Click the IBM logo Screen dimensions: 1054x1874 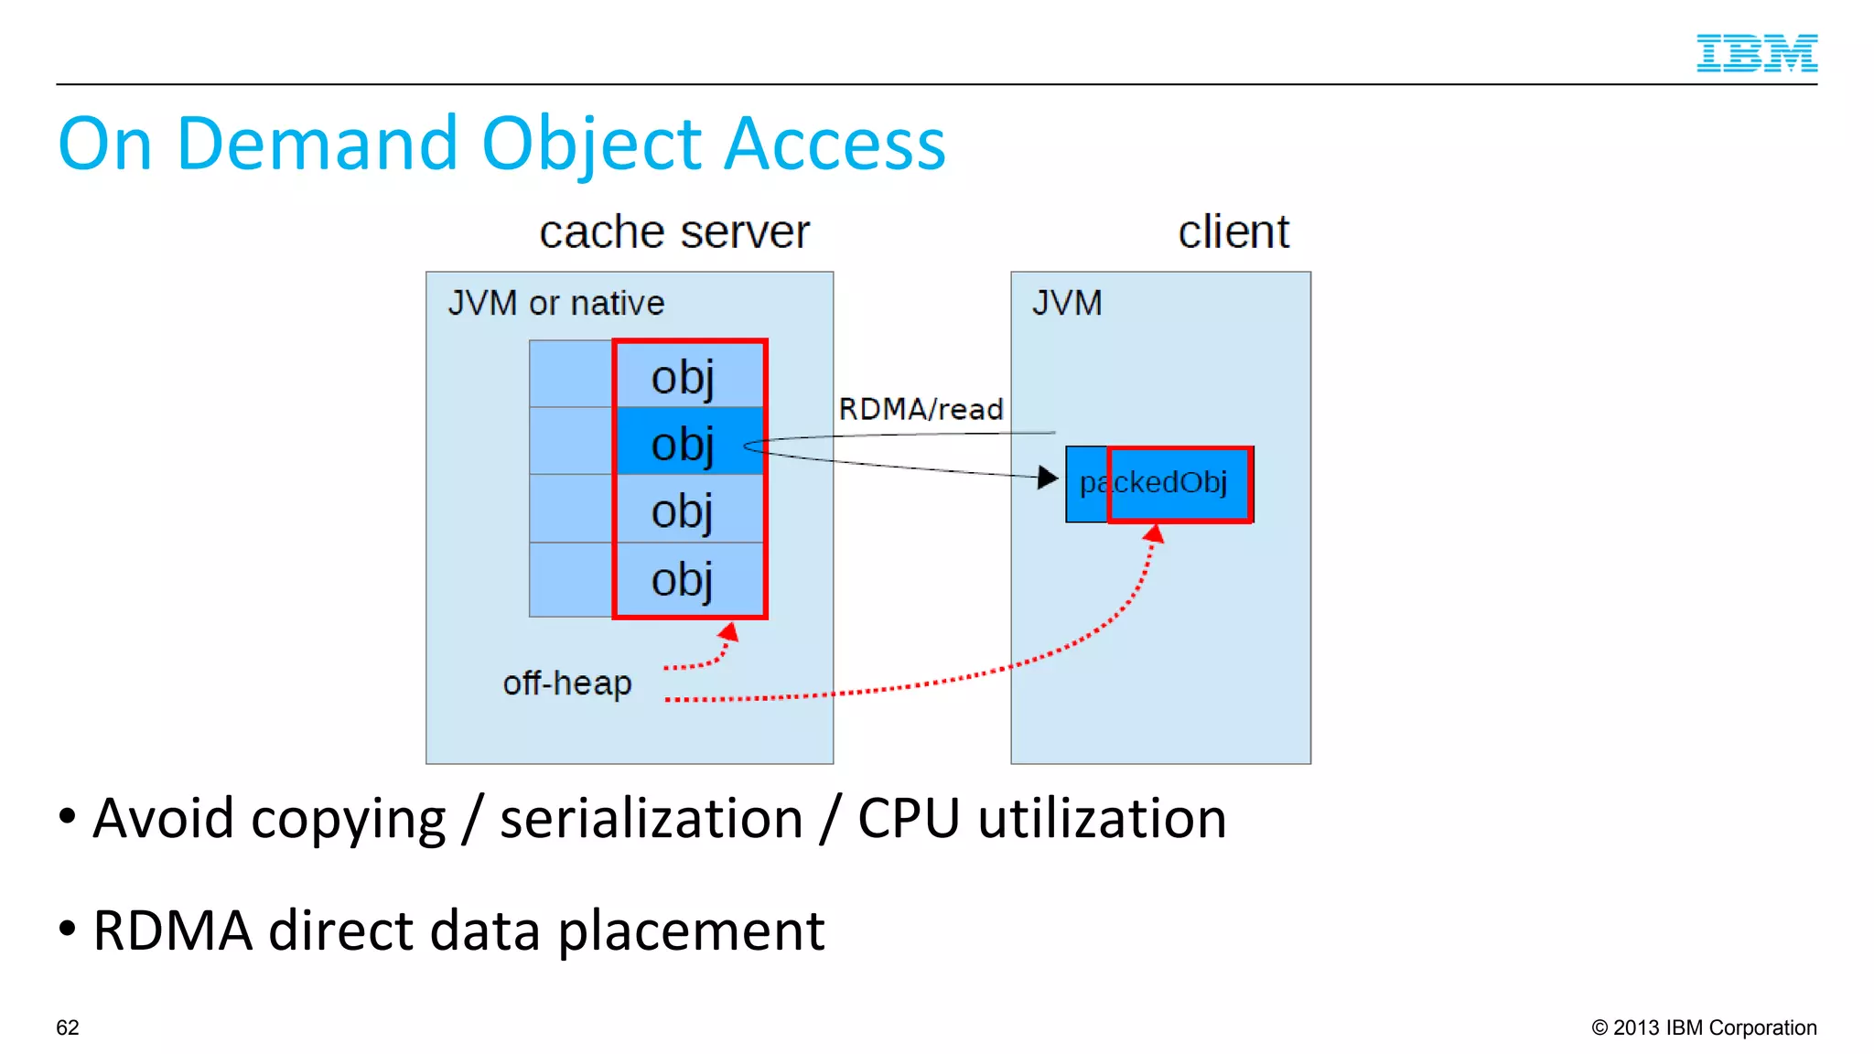tap(1756, 53)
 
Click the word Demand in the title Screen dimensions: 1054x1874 tap(317, 145)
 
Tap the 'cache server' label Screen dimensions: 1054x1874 tap(674, 232)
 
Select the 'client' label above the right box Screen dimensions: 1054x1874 tap(1233, 232)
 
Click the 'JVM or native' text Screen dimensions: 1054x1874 tap(555, 303)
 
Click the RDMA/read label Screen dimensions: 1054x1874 tap(921, 409)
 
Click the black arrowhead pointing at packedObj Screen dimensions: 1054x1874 tap(1047, 477)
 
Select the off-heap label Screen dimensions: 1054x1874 tap(566, 683)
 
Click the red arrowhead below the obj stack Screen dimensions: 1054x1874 tap(729, 632)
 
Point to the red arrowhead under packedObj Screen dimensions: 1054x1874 tap(1154, 534)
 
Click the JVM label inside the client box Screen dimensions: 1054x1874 tap(1067, 303)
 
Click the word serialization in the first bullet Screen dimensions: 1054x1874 tap(651, 818)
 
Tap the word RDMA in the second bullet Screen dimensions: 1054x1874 tap(172, 930)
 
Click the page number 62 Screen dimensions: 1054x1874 tap(68, 1027)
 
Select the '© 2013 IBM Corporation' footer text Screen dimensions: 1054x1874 tap(1704, 1027)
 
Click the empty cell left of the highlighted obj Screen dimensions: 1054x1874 tap(571, 441)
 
